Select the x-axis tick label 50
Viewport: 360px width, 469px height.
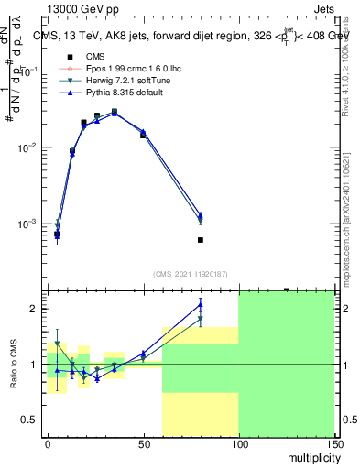tap(143, 443)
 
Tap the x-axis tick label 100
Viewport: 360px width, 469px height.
tap(238, 443)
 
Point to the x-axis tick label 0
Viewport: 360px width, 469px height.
tap(48, 443)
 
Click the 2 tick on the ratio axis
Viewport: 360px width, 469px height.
tap(34, 309)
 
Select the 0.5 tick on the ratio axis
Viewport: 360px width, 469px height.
tap(29, 420)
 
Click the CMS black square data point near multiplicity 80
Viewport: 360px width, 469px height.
tap(200, 240)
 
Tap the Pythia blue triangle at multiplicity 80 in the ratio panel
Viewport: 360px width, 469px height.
tap(200, 305)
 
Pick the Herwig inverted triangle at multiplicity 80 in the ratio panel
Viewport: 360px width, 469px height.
tap(200, 319)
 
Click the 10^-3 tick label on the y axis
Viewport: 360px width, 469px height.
tap(28, 224)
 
